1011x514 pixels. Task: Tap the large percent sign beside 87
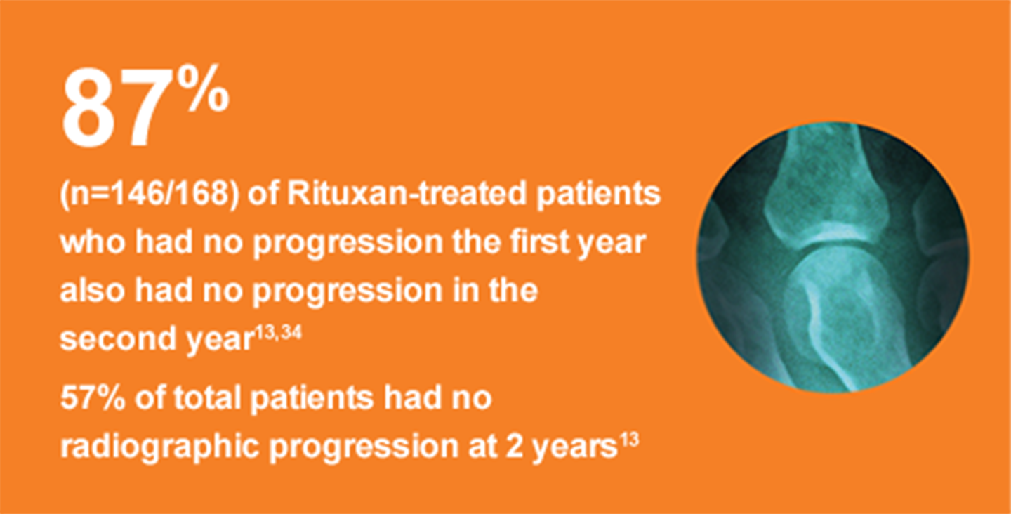tap(202, 90)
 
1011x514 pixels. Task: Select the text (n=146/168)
tap(146, 195)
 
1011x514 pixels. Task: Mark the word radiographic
tap(158, 447)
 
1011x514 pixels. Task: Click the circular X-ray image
tap(833, 256)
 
